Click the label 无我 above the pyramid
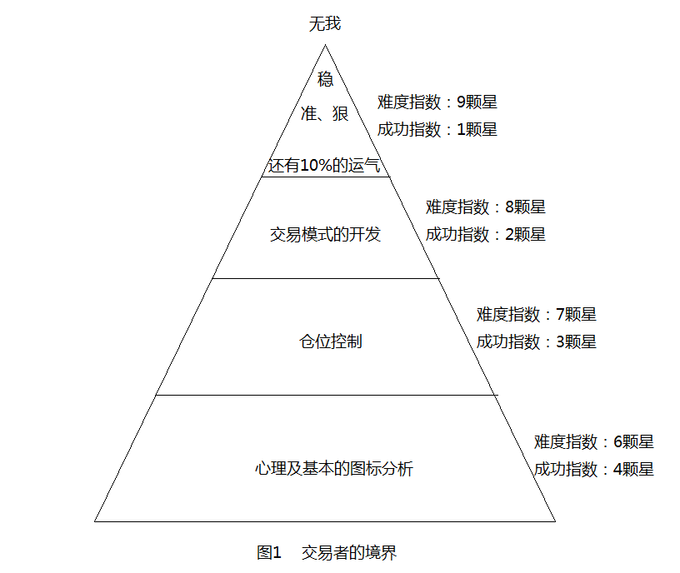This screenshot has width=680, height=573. (x=325, y=23)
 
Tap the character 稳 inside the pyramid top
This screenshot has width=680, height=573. (x=325, y=79)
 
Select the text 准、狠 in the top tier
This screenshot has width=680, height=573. (x=325, y=113)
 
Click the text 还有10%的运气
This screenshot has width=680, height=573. (x=324, y=165)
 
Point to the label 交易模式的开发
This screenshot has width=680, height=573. (x=325, y=235)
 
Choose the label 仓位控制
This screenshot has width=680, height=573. (x=331, y=341)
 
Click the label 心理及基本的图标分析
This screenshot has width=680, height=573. (x=334, y=469)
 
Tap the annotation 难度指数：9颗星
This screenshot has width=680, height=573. (x=437, y=102)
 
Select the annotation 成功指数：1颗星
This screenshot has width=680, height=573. (x=437, y=130)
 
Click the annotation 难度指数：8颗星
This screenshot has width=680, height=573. (x=486, y=207)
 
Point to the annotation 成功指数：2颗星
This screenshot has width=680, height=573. (x=486, y=235)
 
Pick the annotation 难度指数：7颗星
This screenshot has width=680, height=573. (x=537, y=315)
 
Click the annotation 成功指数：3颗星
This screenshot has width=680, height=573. (x=537, y=342)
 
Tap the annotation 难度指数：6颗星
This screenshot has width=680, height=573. (x=593, y=442)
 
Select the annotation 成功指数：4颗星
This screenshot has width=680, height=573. (x=593, y=470)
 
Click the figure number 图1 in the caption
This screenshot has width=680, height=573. (x=269, y=553)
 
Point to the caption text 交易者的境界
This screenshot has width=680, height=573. (x=349, y=553)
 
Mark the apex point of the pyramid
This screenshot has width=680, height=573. (x=325, y=45)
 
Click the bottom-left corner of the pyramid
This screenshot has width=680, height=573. (x=94, y=521)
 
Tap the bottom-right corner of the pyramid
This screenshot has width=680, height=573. (x=556, y=521)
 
